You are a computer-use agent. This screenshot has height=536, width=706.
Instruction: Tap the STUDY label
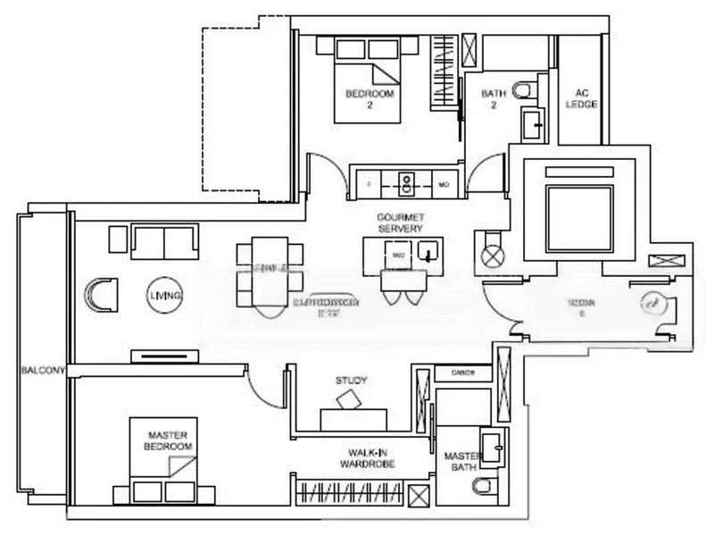tap(351, 381)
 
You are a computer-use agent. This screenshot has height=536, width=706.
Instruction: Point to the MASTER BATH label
tap(461, 461)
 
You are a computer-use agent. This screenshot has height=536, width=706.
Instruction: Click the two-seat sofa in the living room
tap(164, 241)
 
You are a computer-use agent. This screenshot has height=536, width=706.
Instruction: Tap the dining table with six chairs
tap(269, 266)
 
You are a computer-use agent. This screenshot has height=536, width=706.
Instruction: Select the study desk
tap(353, 417)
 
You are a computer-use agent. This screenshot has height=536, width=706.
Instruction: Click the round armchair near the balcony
tap(101, 294)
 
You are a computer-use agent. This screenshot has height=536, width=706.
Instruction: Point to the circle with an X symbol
tap(493, 255)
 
